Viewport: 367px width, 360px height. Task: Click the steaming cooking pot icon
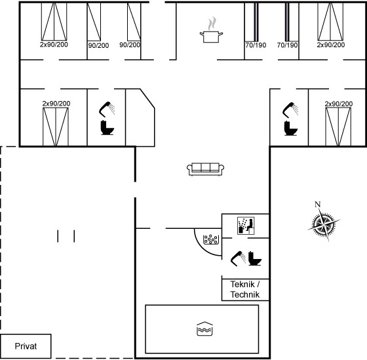tap(211, 30)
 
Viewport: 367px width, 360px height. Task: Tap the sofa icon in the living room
tap(205, 169)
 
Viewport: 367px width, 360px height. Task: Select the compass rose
tap(324, 224)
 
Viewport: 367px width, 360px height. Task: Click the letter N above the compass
tap(317, 205)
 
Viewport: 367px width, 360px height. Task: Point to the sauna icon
tap(246, 226)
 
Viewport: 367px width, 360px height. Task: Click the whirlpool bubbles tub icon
tap(211, 239)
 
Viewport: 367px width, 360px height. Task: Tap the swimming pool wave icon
tap(204, 329)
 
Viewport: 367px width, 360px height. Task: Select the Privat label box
tap(26, 346)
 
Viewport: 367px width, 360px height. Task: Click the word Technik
tap(245, 294)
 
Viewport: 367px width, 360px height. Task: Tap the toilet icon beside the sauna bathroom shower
tap(255, 258)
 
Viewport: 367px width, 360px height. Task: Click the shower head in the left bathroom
tap(107, 110)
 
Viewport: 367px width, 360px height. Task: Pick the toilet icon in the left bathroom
tap(107, 127)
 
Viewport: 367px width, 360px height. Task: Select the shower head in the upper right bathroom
tap(290, 110)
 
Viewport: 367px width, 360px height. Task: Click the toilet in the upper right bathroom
tap(291, 128)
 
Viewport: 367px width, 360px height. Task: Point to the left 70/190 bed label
tap(256, 45)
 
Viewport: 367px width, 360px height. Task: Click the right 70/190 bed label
tap(288, 45)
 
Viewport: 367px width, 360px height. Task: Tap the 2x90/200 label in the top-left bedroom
tap(54, 45)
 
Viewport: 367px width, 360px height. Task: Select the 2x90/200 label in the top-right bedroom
tap(331, 45)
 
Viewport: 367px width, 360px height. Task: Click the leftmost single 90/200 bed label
tap(98, 45)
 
